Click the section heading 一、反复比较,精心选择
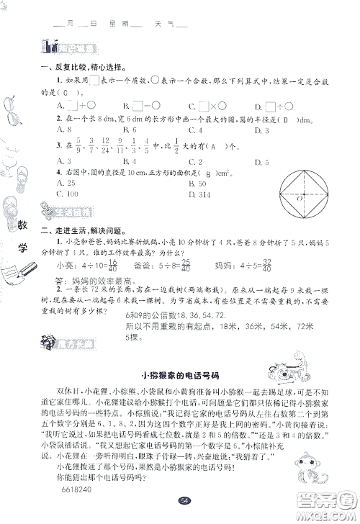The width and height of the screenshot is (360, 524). (81, 68)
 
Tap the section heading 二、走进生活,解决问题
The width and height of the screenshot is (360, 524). (81, 230)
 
